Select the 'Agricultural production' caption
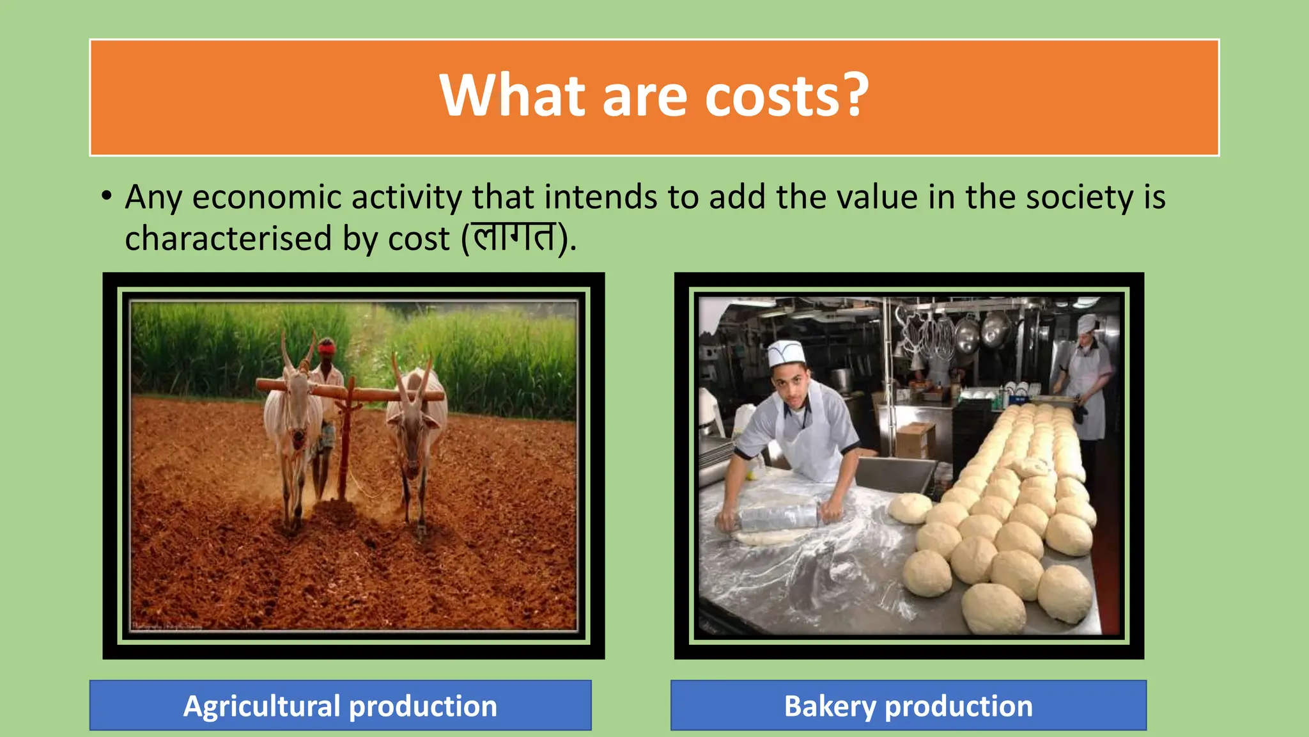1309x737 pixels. [340, 706]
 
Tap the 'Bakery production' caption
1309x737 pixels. [908, 706]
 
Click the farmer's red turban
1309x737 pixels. [327, 347]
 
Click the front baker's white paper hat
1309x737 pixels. [784, 354]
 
